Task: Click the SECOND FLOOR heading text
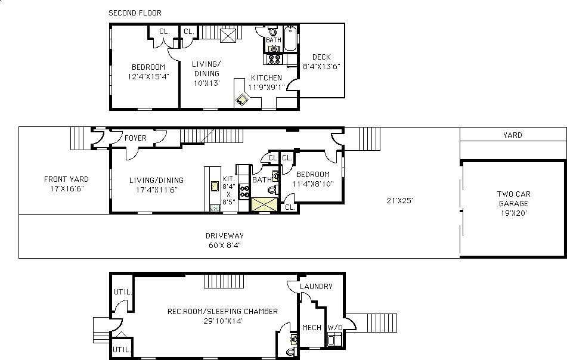click(x=135, y=13)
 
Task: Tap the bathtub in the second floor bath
click(x=290, y=38)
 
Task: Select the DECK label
click(x=321, y=57)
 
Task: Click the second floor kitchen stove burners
click(x=274, y=59)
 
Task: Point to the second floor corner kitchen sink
click(x=241, y=100)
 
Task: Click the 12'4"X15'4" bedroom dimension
click(x=148, y=77)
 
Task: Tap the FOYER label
click(x=135, y=138)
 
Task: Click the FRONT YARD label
click(x=66, y=179)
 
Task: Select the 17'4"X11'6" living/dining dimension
click(x=157, y=190)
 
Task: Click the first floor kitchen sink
click(x=215, y=186)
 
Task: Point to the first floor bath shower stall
click(x=265, y=204)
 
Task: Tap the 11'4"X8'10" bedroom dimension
click(x=313, y=184)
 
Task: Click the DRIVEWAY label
click(x=225, y=235)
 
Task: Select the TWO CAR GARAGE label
click(x=513, y=199)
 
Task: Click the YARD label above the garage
click(x=512, y=135)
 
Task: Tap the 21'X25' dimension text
click(x=399, y=201)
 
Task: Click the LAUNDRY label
click(x=316, y=286)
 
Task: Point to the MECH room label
click(x=312, y=327)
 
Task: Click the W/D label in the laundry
click(x=335, y=327)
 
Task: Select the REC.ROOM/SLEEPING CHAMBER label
click(x=222, y=311)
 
